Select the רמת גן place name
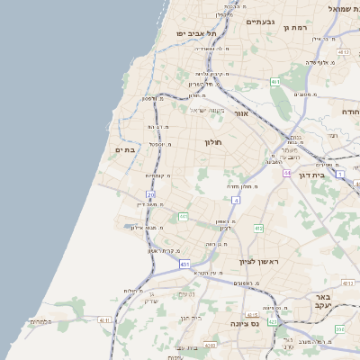[x=295, y=28]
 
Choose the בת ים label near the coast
[x=124, y=149]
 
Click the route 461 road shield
[x=274, y=82]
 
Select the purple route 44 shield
[x=286, y=172]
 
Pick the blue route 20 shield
[x=151, y=194]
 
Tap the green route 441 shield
[x=183, y=217]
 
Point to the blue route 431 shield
[x=184, y=265]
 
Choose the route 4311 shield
[x=104, y=319]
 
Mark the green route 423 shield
[x=273, y=321]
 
